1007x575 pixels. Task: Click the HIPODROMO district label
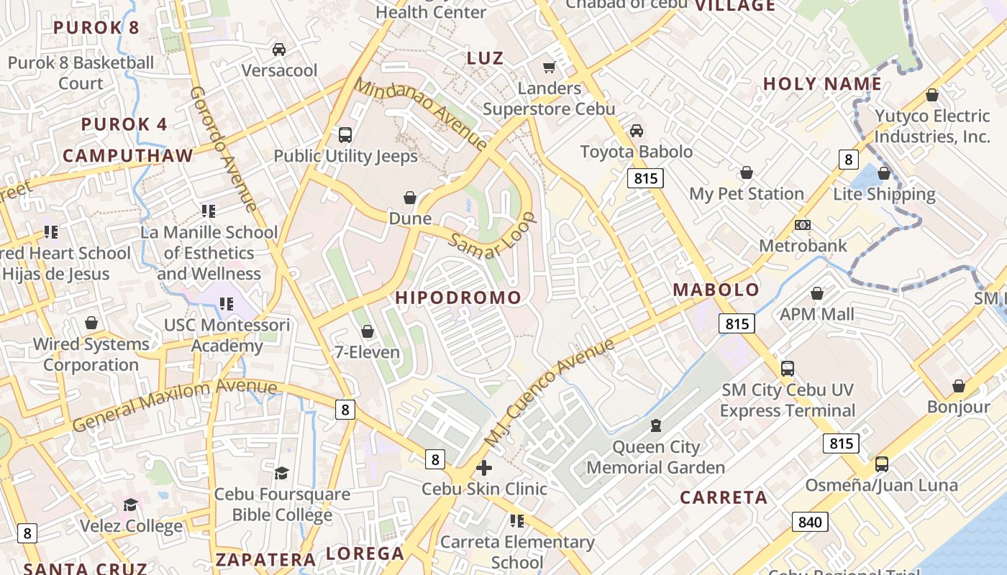tap(458, 298)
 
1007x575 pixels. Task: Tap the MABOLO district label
tap(716, 290)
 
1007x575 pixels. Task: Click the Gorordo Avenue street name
tap(224, 149)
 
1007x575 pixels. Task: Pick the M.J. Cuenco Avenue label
tap(550, 391)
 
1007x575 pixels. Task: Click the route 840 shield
tap(810, 522)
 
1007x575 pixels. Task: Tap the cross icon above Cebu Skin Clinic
tap(484, 468)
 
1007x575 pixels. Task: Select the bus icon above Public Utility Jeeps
tap(345, 134)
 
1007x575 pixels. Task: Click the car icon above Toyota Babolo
tap(637, 131)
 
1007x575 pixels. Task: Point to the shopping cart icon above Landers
tap(550, 67)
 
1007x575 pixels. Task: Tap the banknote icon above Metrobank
tap(803, 225)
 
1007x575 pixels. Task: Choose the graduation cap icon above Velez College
tap(130, 505)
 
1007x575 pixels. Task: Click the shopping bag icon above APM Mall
tap(817, 293)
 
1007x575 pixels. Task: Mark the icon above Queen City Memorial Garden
tap(655, 425)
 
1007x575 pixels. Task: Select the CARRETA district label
tap(724, 497)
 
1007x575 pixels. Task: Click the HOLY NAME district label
tap(822, 84)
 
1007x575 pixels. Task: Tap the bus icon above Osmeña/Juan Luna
tap(882, 464)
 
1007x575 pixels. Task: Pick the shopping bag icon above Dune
tap(410, 197)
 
